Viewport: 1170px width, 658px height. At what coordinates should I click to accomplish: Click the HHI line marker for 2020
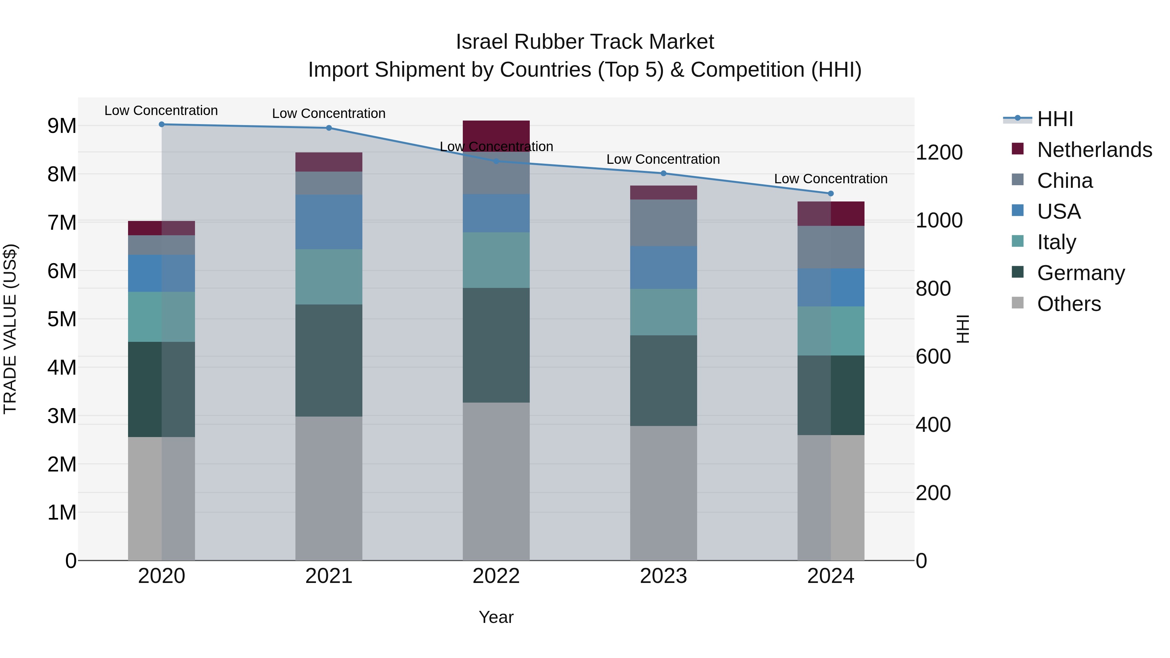pyautogui.click(x=162, y=124)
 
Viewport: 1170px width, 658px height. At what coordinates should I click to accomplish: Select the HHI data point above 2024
pyautogui.click(x=831, y=193)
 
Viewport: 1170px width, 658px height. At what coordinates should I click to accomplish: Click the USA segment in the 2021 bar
pyautogui.click(x=329, y=222)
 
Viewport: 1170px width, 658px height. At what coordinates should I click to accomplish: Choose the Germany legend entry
pyautogui.click(x=1081, y=273)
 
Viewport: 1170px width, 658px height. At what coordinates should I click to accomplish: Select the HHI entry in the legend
pyautogui.click(x=1055, y=119)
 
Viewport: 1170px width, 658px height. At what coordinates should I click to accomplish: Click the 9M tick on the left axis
pyautogui.click(x=62, y=126)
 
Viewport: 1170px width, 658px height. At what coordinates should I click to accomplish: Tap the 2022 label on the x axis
pyautogui.click(x=496, y=576)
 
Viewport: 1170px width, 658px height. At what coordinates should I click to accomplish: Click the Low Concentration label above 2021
pyautogui.click(x=329, y=113)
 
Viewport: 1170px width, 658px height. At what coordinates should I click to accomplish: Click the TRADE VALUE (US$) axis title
pyautogui.click(x=10, y=329)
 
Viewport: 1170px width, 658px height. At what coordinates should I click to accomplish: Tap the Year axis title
pyautogui.click(x=496, y=617)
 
